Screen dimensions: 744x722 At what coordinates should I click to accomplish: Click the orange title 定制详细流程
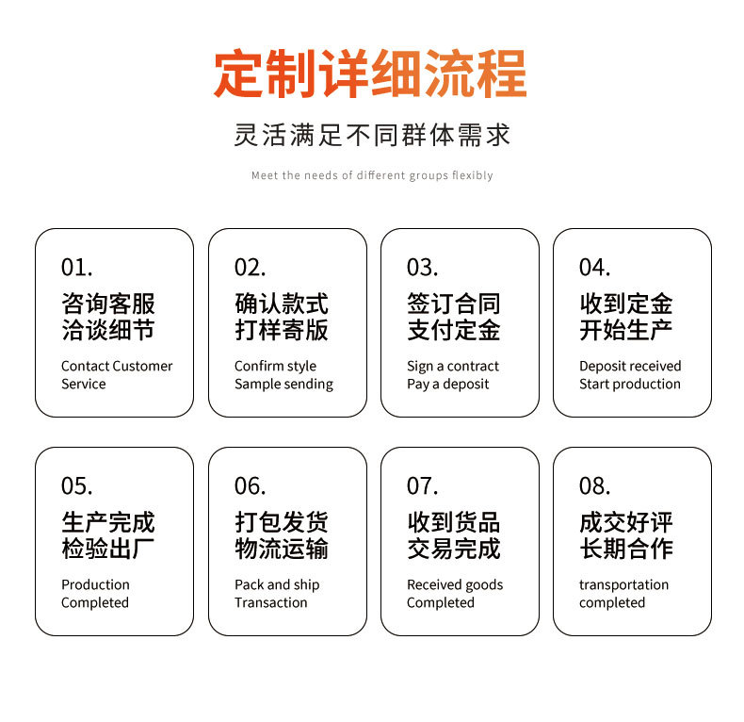(x=370, y=74)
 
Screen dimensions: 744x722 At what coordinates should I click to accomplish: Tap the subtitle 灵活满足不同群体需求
(x=372, y=135)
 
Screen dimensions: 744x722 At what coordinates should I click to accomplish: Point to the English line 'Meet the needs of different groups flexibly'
(x=372, y=175)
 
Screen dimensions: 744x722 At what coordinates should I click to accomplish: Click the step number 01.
(x=76, y=268)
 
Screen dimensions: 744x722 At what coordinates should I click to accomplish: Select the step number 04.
(x=594, y=268)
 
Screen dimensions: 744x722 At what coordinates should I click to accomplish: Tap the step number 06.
(x=250, y=486)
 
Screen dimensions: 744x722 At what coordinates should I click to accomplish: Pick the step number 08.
(x=594, y=486)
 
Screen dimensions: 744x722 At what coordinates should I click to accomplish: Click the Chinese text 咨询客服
(x=108, y=304)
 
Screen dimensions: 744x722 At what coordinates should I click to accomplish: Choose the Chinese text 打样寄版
(x=282, y=330)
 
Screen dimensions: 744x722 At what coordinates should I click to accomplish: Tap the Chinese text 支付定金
(x=453, y=330)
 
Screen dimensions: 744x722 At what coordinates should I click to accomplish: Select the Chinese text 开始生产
(x=625, y=330)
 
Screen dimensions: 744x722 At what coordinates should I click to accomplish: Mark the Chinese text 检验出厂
(x=108, y=549)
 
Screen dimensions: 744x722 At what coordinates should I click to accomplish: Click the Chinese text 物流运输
(x=282, y=549)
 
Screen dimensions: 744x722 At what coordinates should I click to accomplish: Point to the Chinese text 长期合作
(x=625, y=549)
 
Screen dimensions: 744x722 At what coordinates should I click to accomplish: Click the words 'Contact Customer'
(x=117, y=366)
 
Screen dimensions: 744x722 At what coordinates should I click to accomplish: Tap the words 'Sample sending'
(x=283, y=384)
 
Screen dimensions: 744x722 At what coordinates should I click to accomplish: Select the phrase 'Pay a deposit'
(x=447, y=384)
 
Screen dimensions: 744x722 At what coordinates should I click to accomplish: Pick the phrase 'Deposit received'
(x=630, y=366)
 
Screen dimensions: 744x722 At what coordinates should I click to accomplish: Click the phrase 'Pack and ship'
(x=277, y=584)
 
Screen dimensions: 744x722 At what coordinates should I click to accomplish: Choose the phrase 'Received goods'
(x=455, y=584)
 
